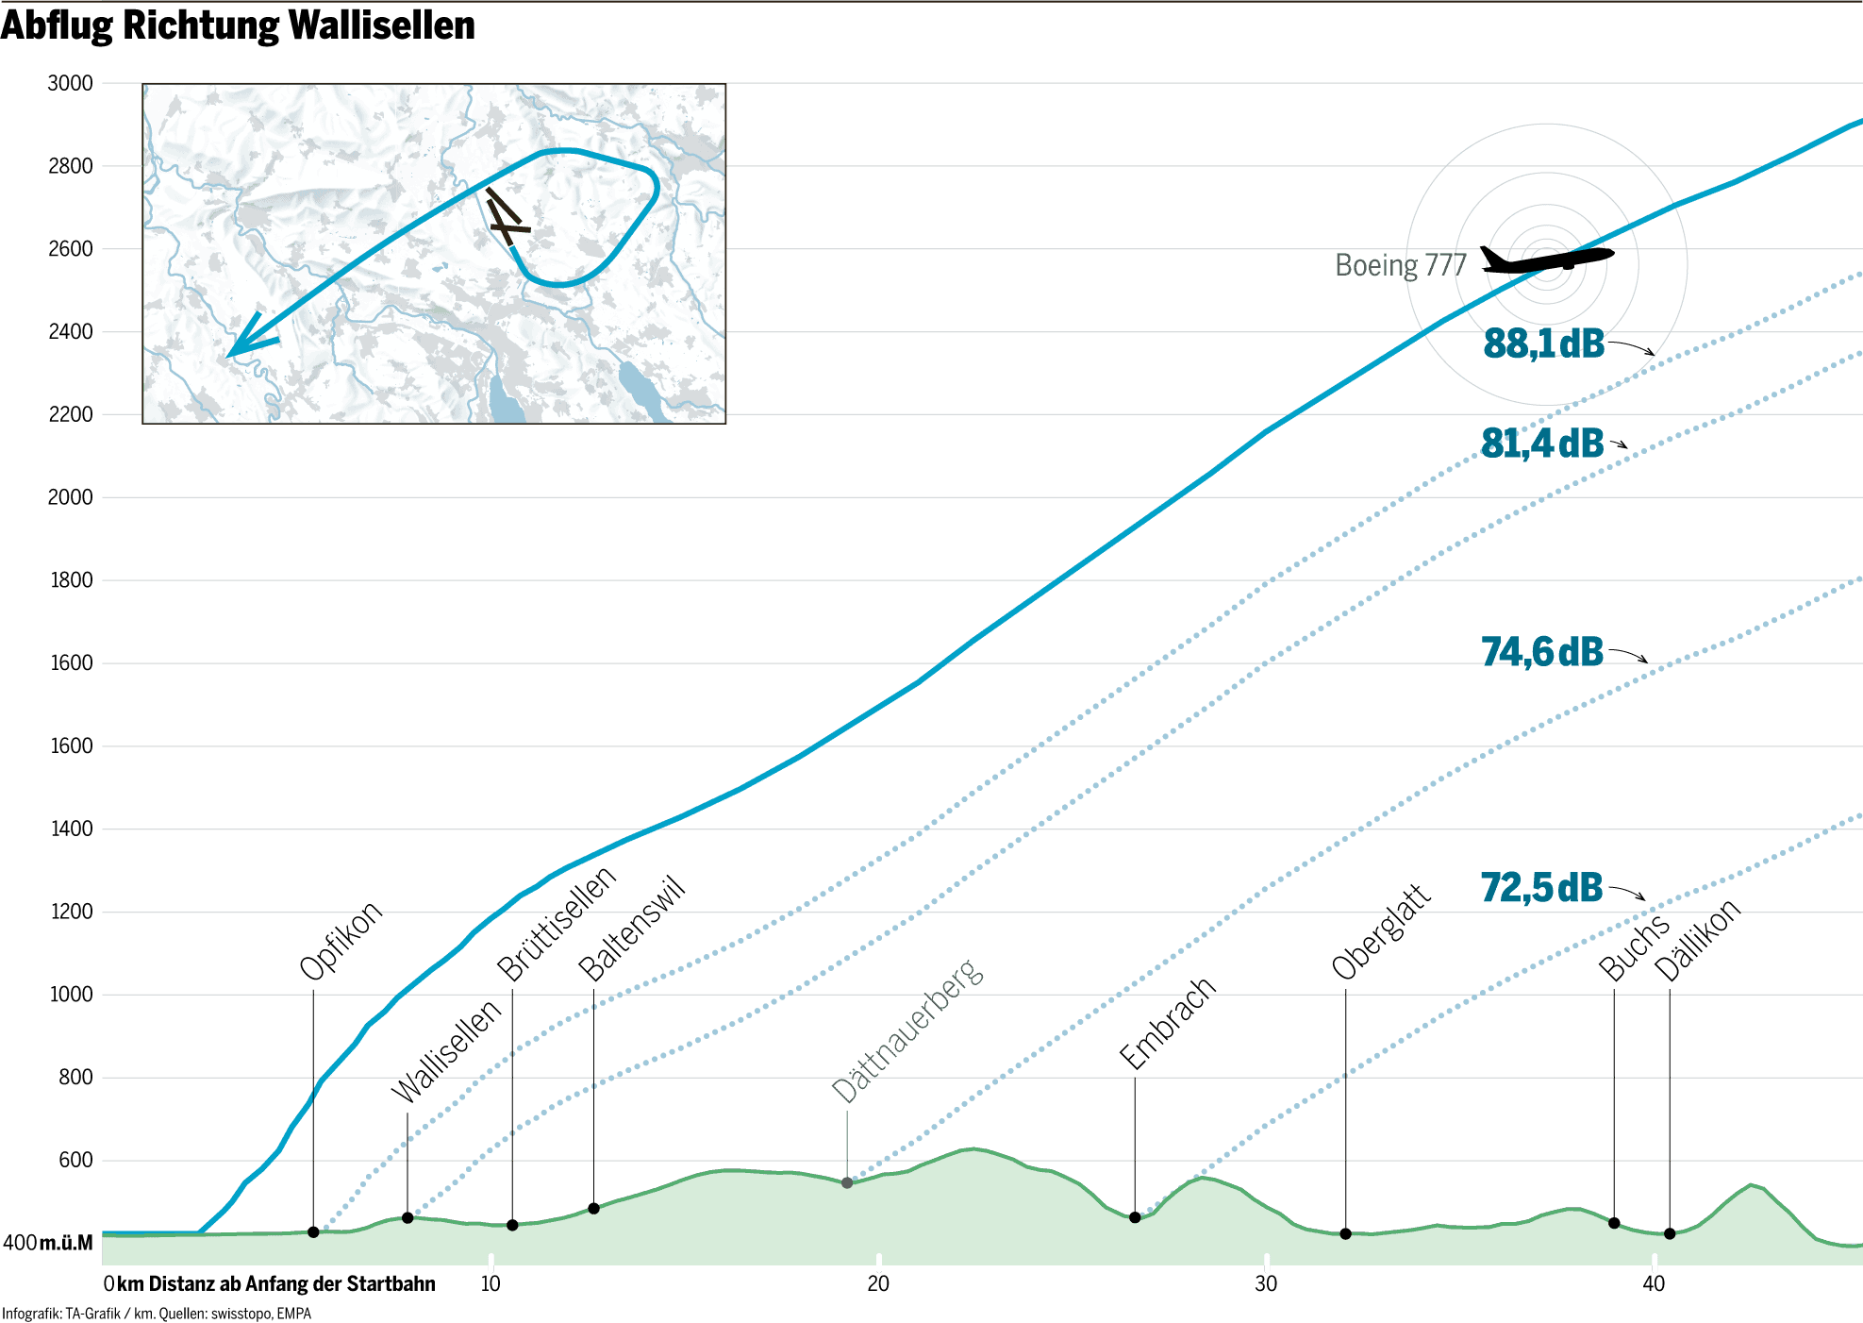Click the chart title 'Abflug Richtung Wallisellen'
click(x=238, y=25)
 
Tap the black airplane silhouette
click(x=1546, y=259)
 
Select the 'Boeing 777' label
click(x=1401, y=265)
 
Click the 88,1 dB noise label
click(x=1544, y=343)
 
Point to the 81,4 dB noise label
click(x=1542, y=444)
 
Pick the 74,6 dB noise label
click(x=1542, y=652)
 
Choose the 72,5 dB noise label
click(x=1542, y=888)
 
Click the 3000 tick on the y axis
click(x=71, y=83)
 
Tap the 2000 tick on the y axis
click(x=71, y=497)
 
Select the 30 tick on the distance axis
click(x=1266, y=1283)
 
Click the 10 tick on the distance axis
click(x=491, y=1283)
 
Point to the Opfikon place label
click(x=341, y=940)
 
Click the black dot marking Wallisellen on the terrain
click(x=408, y=1218)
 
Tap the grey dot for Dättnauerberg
click(x=847, y=1183)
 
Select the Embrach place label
click(x=1167, y=1024)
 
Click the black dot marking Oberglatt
click(x=1346, y=1234)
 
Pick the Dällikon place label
click(x=1697, y=940)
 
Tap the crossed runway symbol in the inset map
click(x=506, y=218)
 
